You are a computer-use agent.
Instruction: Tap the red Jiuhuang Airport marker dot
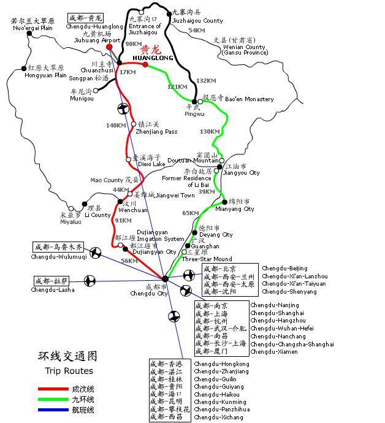pos(110,47)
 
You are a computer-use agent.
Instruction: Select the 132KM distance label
pos(206,81)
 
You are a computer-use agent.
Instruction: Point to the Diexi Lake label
pos(151,164)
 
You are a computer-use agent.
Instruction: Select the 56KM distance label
pos(129,261)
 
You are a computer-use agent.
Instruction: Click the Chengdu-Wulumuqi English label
pos(59,257)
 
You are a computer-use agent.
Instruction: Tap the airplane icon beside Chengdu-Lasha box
pos(90,281)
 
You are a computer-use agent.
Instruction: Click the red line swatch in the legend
pos(53,389)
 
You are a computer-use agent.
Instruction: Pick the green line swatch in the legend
pos(53,399)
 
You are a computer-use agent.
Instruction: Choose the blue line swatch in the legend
pos(53,410)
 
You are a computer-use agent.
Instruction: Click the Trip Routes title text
pos(69,371)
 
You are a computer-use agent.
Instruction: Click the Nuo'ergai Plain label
pos(32,28)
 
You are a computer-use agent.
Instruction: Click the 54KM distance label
pos(197,31)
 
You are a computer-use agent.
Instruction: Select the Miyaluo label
pos(71,222)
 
